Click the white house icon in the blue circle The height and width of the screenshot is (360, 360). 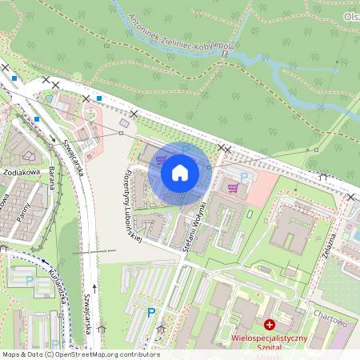[179, 172]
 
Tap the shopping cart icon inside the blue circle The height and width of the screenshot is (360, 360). [162, 159]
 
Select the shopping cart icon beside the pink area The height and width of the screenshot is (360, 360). [233, 188]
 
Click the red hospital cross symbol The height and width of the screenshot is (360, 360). [270, 325]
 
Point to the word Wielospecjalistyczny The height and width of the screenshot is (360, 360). [269, 338]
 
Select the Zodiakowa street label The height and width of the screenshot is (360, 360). [21, 171]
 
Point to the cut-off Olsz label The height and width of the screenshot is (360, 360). [351, 17]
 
